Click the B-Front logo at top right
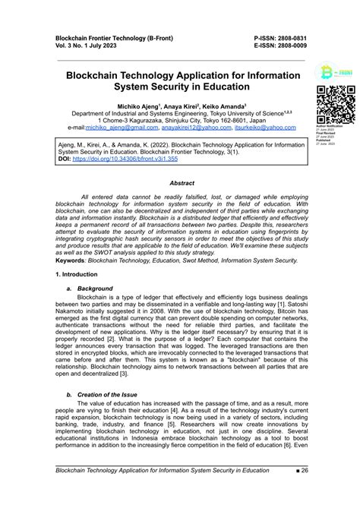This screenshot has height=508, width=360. tap(334, 73)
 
